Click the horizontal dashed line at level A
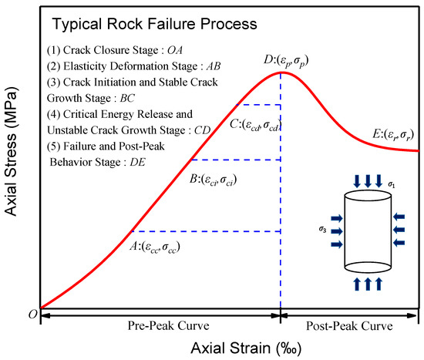(x=206, y=230)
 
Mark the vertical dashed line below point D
(x=280, y=193)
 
